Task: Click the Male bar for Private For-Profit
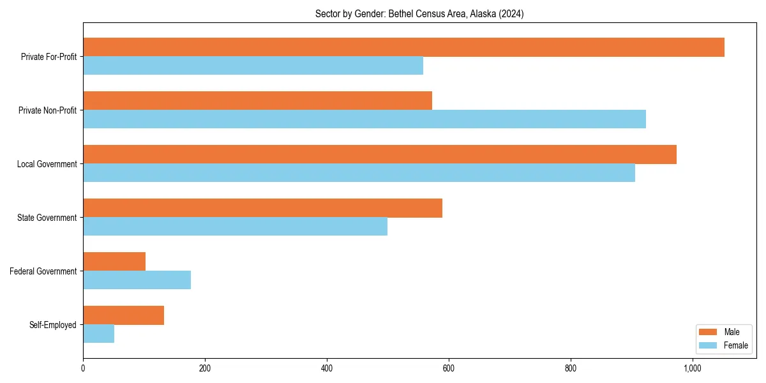coord(403,47)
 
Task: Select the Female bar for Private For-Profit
coord(253,66)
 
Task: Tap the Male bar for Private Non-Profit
coord(257,101)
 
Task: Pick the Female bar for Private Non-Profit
coord(364,119)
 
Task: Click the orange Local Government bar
coord(380,154)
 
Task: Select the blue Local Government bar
coord(359,173)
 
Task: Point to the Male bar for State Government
coord(262,208)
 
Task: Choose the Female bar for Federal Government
coord(137,280)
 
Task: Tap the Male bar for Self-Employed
coord(123,315)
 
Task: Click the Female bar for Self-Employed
coord(98,334)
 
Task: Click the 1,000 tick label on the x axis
coord(693,368)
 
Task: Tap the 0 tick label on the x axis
coord(83,368)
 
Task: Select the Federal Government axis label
coord(43,271)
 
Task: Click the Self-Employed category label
coord(52,325)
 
